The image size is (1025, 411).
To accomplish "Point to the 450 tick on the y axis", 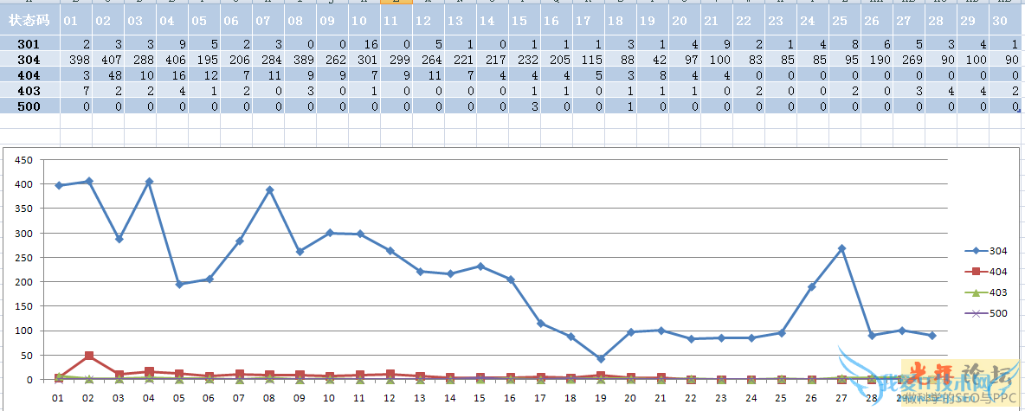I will point(24,160).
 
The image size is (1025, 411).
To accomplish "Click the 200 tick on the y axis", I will point(24,282).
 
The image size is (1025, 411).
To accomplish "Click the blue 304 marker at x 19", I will point(601,358).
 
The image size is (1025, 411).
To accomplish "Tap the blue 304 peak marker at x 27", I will point(841,248).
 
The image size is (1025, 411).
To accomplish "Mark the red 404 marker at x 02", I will point(89,356).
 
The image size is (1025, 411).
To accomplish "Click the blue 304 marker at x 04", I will point(149,182).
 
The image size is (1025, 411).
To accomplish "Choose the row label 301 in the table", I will point(29,43).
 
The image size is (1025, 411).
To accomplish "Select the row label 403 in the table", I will point(29,90).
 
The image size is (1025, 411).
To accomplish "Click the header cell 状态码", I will point(29,20).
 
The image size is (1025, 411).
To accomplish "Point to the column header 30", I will point(1007,20).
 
